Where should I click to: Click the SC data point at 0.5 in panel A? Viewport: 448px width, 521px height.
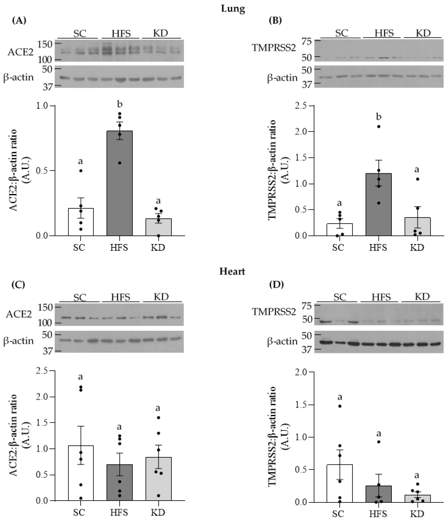[x=81, y=171]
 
